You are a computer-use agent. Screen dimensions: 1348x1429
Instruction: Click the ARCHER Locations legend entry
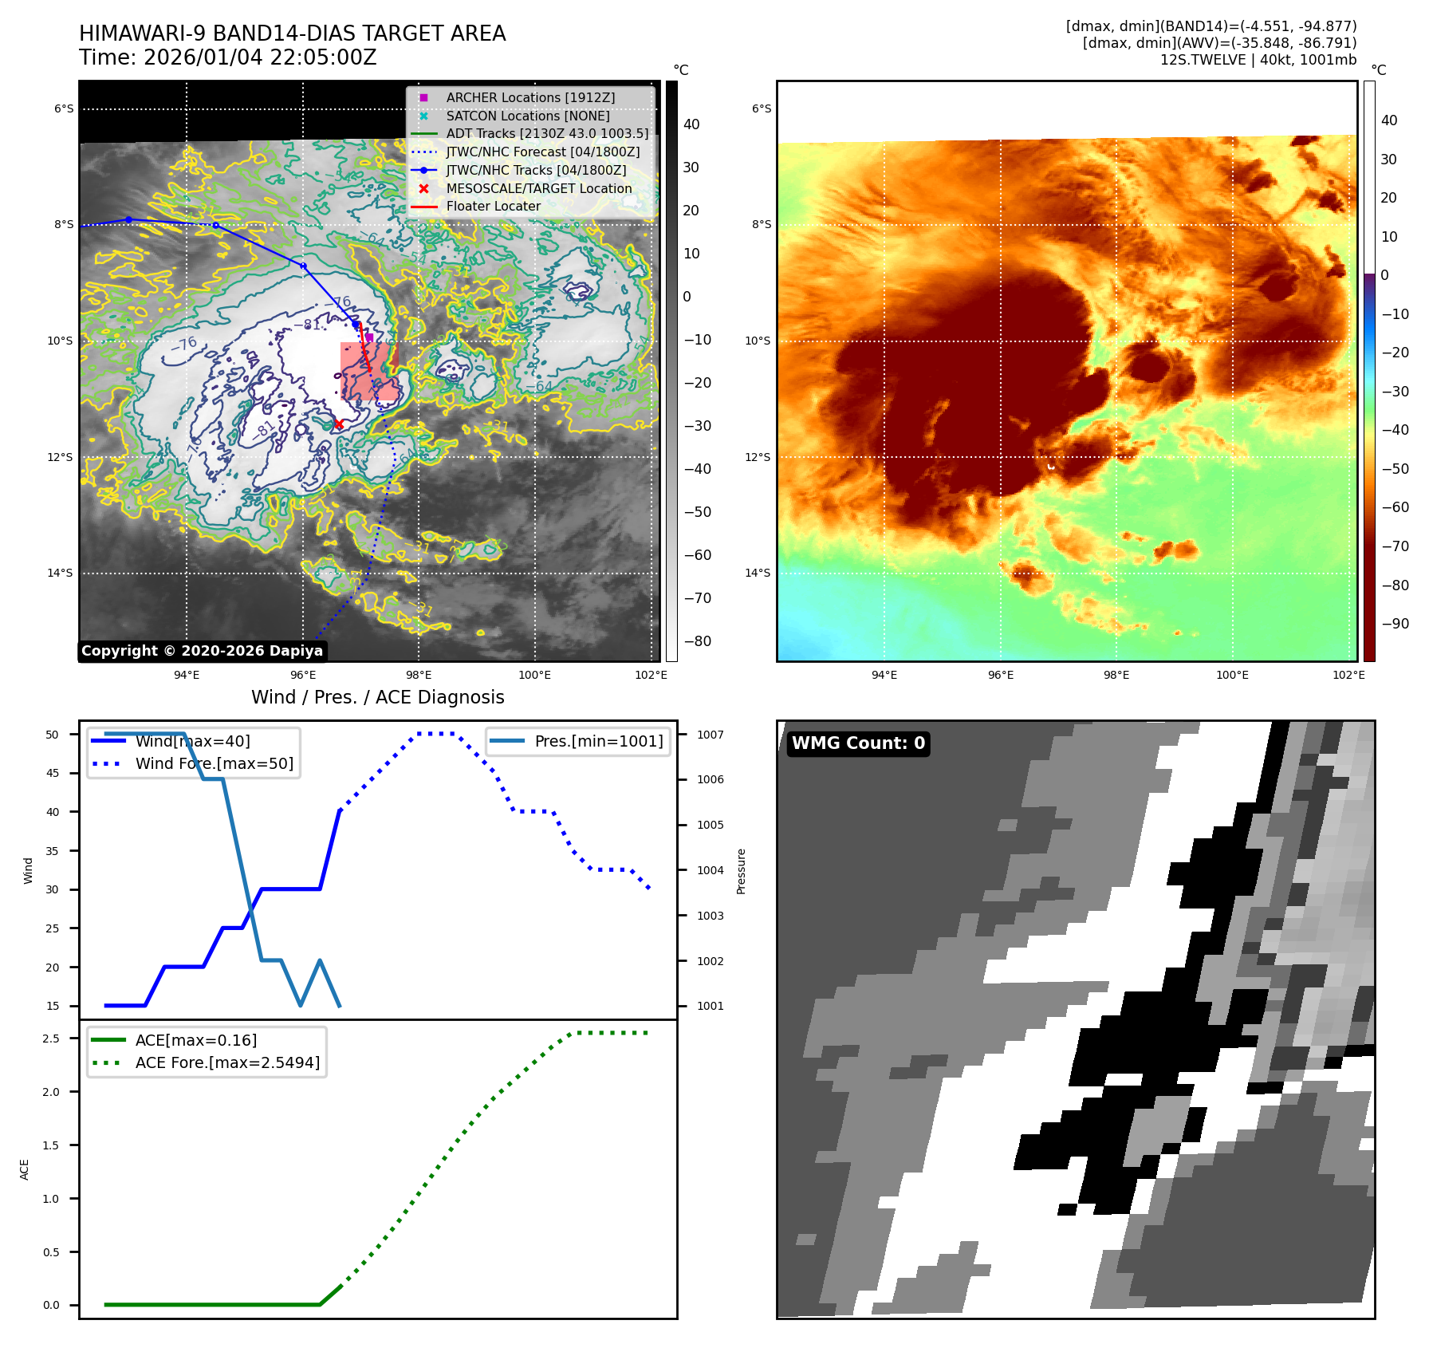click(530, 97)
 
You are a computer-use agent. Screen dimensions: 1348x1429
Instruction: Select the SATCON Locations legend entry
click(527, 116)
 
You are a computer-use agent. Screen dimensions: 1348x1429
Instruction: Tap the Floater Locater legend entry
click(493, 206)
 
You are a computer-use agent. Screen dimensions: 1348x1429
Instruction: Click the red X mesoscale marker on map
click(339, 424)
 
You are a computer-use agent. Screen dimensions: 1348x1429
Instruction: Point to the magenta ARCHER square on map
click(369, 337)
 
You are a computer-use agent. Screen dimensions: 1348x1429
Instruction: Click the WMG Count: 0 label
click(858, 743)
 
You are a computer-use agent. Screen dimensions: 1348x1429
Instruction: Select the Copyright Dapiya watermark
click(202, 651)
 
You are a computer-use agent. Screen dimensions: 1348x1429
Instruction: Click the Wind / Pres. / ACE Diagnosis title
click(377, 697)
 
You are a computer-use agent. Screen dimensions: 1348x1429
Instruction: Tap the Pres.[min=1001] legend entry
click(598, 741)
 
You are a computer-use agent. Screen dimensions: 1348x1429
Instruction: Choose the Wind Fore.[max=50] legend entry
click(214, 763)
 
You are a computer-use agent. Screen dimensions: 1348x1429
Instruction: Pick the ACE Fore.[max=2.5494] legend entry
click(227, 1062)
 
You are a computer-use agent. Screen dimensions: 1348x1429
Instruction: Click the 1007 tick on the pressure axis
click(710, 735)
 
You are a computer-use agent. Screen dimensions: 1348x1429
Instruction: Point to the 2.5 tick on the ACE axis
click(52, 1039)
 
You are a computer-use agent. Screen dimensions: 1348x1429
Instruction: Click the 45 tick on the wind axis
click(53, 773)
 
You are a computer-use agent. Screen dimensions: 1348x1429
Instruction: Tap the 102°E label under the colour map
click(1348, 675)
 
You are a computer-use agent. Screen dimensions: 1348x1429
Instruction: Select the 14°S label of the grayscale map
click(60, 573)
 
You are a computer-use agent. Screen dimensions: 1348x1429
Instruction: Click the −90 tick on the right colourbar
click(1395, 624)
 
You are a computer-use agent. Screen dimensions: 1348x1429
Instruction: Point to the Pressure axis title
click(741, 870)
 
